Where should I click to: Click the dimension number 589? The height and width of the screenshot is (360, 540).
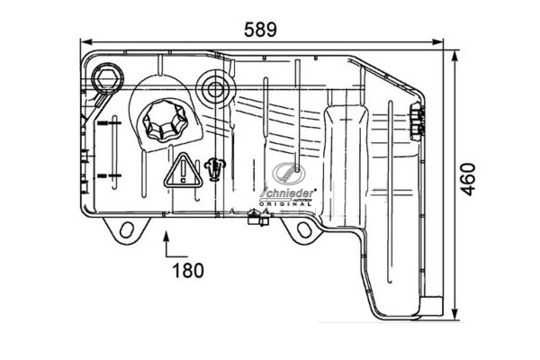pyautogui.click(x=260, y=29)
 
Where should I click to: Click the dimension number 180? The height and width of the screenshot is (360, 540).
pyautogui.click(x=187, y=269)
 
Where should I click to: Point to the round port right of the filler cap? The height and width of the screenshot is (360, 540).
pyautogui.click(x=216, y=86)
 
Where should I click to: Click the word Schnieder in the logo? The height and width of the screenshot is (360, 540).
pyautogui.click(x=285, y=193)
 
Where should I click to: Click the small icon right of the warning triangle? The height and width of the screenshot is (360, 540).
pyautogui.click(x=214, y=168)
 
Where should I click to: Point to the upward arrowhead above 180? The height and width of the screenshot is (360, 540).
pyautogui.click(x=166, y=238)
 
